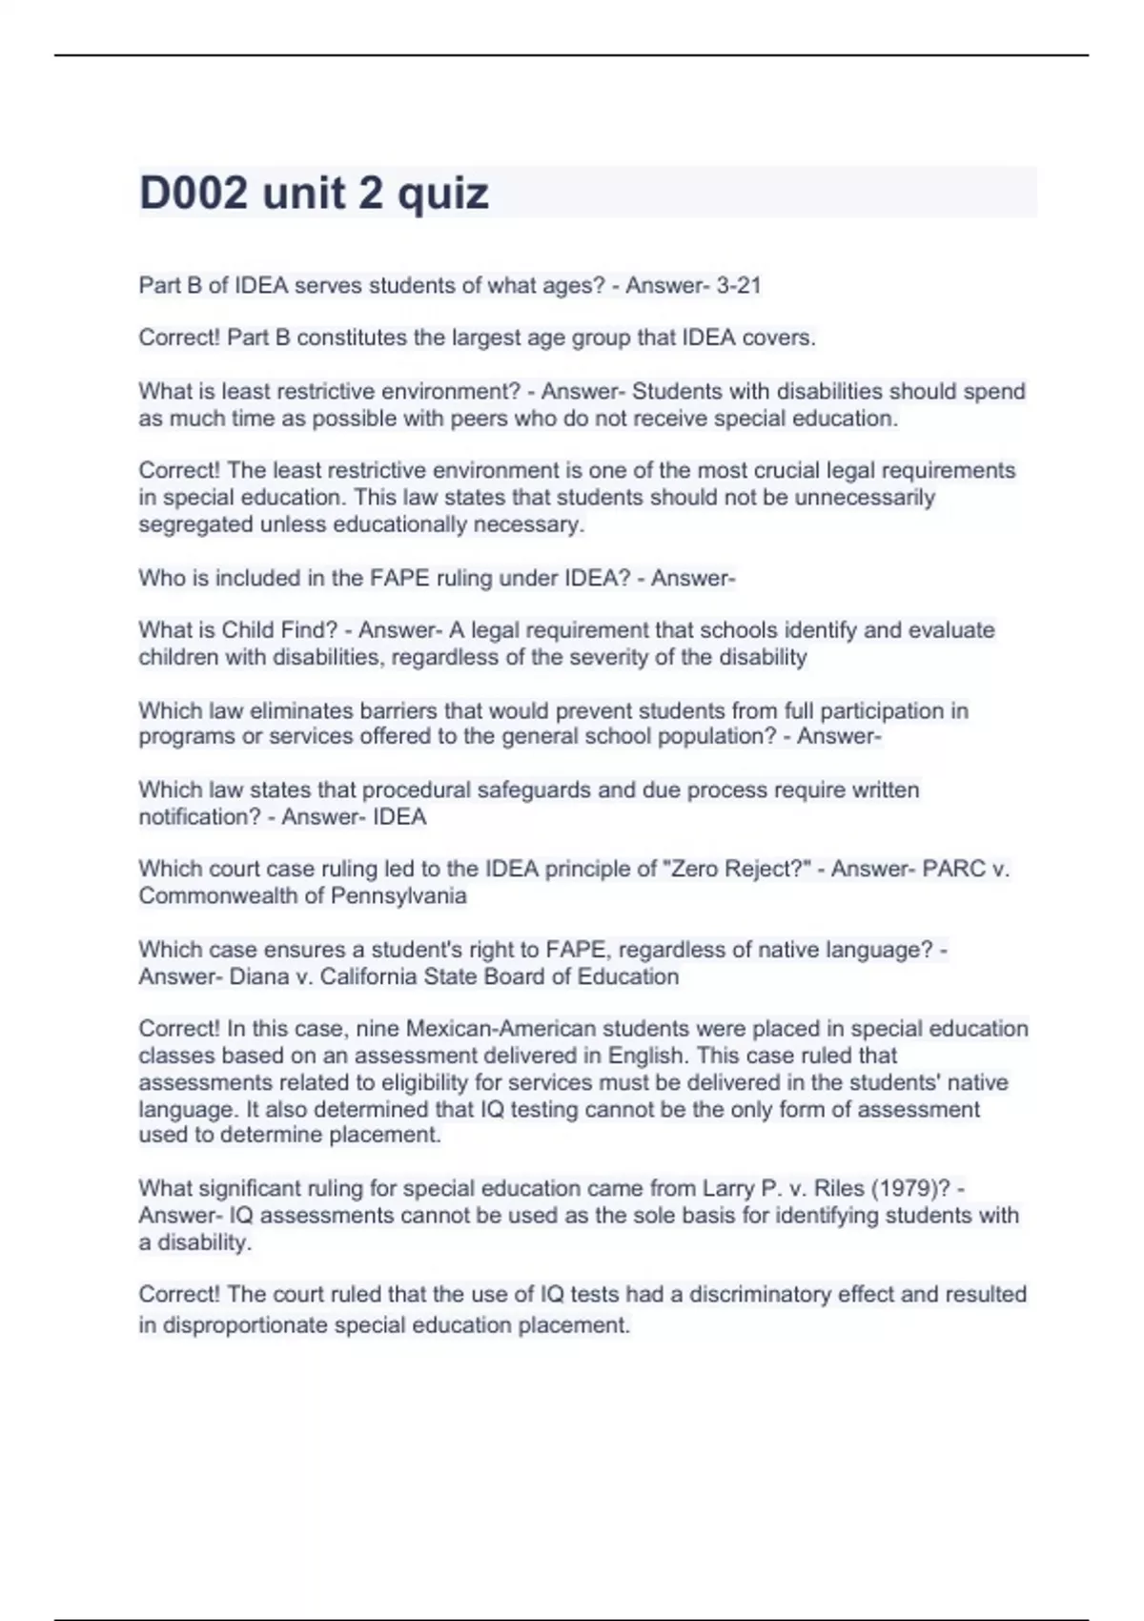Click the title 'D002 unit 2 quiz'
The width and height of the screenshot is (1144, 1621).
314,194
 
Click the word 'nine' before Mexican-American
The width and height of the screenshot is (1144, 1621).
378,1029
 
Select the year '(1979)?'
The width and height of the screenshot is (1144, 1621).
911,1188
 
